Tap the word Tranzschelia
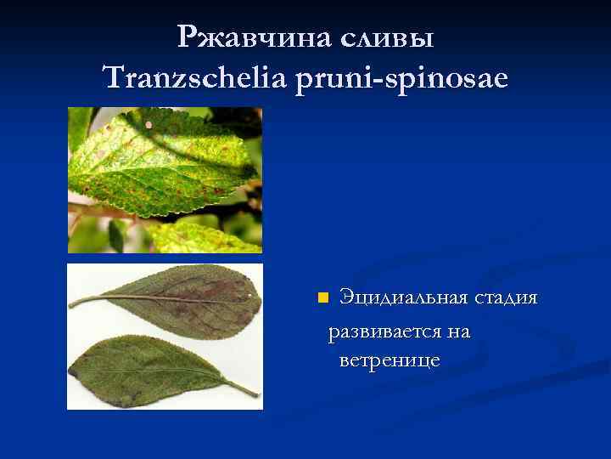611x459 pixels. coord(194,78)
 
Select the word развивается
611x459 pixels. coord(390,331)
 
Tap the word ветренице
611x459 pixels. coord(389,360)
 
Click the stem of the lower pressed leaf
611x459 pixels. coord(242,388)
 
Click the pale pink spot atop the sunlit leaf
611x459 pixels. coord(149,125)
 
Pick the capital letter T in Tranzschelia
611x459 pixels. coord(110,78)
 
